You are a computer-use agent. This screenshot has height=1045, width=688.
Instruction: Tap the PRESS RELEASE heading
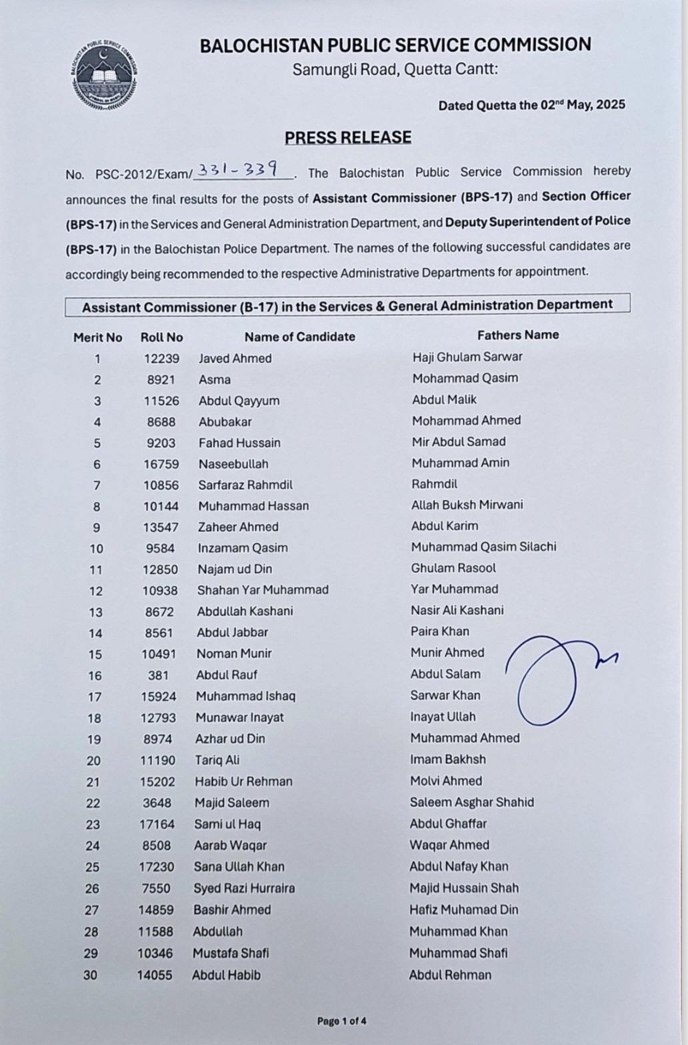point(348,137)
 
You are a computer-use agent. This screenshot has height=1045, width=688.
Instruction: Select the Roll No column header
point(161,337)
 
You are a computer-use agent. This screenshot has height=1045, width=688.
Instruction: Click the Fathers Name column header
point(517,335)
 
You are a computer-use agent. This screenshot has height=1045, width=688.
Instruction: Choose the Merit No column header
point(97,337)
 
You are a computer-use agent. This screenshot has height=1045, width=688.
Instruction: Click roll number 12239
point(161,359)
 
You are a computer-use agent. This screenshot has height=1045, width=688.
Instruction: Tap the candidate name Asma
point(214,379)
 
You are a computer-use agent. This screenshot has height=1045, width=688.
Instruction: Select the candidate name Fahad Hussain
point(239,443)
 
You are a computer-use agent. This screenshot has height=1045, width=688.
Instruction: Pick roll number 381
point(158,675)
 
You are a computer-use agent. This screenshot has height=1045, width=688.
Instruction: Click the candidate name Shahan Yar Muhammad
point(262,590)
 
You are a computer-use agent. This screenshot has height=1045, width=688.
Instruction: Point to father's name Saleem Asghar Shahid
point(471,802)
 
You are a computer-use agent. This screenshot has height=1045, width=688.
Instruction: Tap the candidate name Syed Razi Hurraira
point(244,888)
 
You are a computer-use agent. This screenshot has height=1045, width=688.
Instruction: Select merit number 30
point(90,975)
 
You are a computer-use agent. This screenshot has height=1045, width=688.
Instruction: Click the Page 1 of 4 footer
point(341,1020)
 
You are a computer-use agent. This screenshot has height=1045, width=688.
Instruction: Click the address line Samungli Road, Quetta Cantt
point(395,69)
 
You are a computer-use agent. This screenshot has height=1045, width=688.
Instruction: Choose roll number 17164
point(157,824)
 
